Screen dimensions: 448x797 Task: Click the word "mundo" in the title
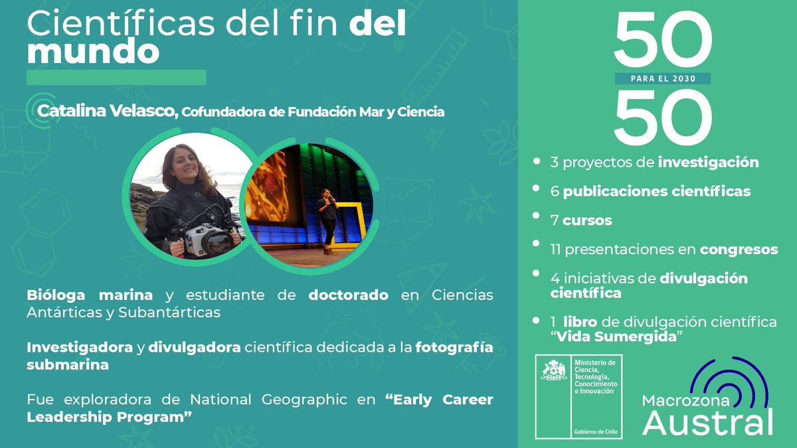pos(93,52)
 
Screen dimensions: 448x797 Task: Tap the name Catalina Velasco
pos(108,112)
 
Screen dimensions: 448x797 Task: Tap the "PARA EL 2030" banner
pos(663,78)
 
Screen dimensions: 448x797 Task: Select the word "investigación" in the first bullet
pos(708,162)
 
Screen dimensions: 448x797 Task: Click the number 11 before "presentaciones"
pos(557,250)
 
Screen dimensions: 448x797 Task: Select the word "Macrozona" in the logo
pos(676,400)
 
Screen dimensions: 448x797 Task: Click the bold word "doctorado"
pos(349,295)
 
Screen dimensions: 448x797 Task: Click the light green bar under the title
pos(116,78)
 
